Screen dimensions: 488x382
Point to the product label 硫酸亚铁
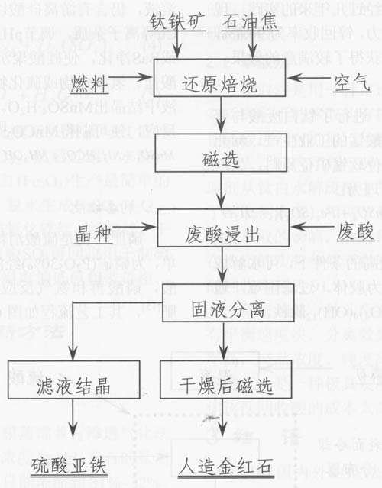[x=70, y=466]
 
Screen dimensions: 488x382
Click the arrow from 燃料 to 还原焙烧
[x=138, y=78]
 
